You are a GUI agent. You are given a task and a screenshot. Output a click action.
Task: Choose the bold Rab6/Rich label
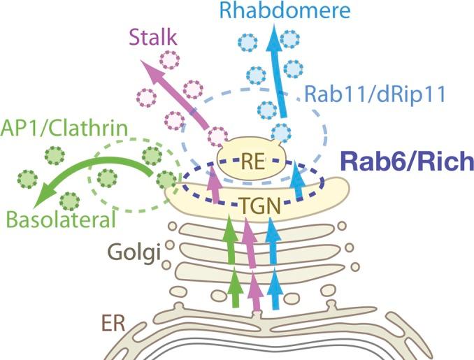point(405,162)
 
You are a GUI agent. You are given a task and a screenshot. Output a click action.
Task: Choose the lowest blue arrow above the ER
point(276,289)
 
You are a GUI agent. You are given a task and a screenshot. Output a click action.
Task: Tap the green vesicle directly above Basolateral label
point(70,201)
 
